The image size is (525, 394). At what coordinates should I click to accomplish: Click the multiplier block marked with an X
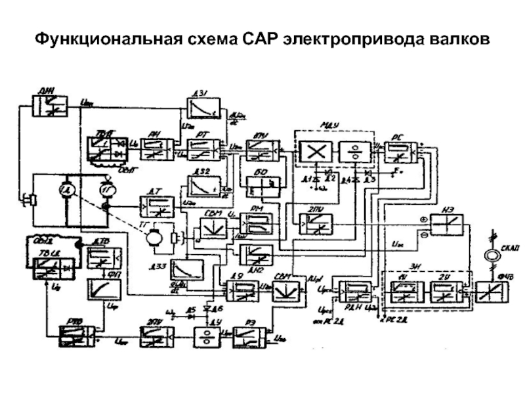coord(316,152)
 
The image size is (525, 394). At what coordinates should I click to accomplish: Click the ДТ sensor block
coord(157,207)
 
